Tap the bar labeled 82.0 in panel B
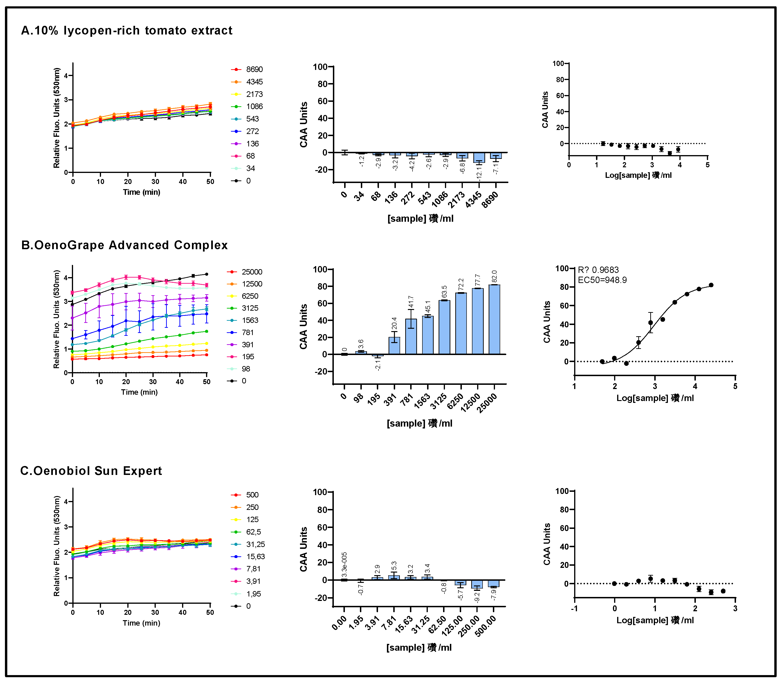tap(494, 320)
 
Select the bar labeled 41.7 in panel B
tap(411, 337)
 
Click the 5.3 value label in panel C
tap(394, 566)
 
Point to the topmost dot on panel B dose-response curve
tap(711, 285)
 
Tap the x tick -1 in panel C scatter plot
tap(574, 609)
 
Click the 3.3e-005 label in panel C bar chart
tap(344, 565)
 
